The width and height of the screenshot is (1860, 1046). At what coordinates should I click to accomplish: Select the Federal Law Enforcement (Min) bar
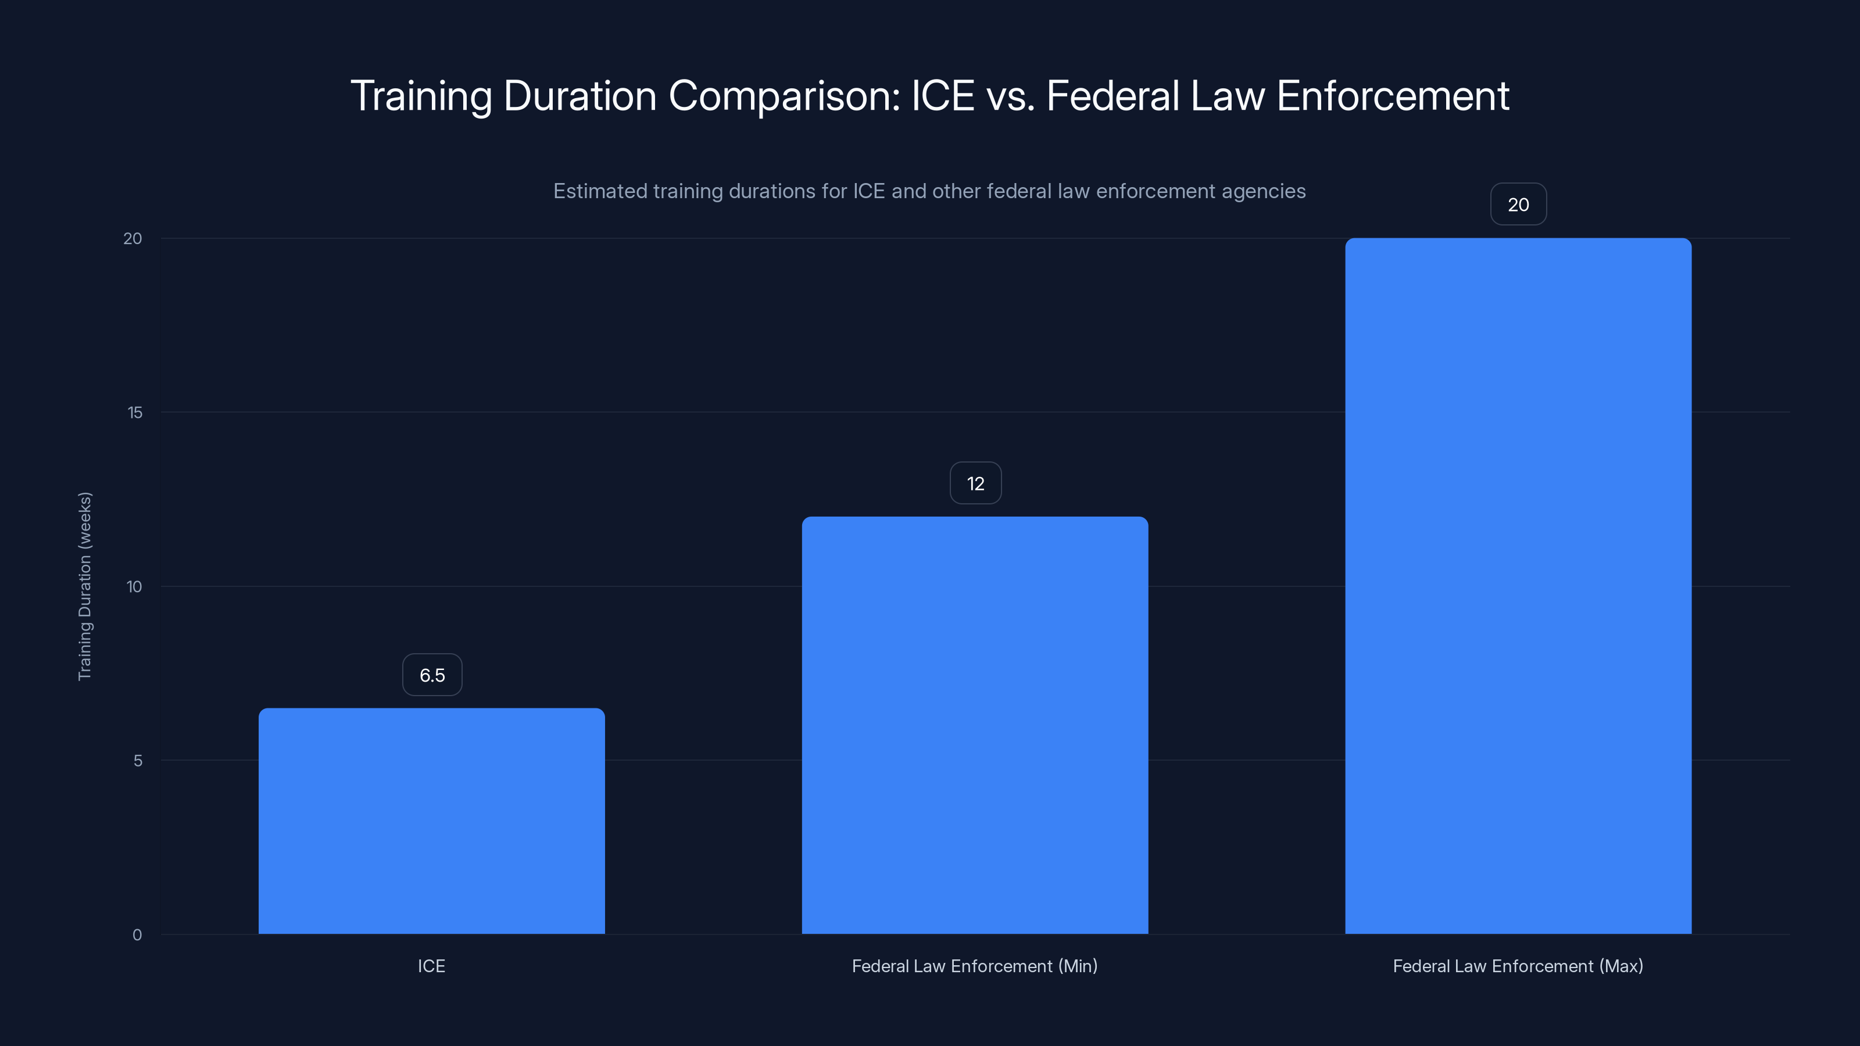coord(975,725)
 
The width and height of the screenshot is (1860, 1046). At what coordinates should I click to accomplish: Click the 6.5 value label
coord(432,675)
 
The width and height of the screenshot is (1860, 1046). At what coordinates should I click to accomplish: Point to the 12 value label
coord(975,483)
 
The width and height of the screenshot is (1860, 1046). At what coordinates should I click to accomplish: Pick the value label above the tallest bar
coord(1518,205)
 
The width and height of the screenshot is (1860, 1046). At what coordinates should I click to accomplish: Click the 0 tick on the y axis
coord(137,935)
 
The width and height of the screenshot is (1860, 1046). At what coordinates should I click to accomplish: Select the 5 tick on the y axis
coord(138,761)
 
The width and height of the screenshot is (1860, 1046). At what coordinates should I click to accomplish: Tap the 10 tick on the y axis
coord(134,587)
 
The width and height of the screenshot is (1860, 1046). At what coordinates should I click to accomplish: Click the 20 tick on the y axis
coord(133,239)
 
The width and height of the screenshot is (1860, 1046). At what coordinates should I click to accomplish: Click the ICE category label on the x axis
coord(431,966)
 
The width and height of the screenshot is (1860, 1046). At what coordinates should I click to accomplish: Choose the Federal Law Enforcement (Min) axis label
coord(975,966)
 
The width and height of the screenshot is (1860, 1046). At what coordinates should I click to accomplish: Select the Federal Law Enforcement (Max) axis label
coord(1518,966)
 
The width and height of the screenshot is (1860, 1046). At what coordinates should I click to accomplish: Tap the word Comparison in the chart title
coord(784,96)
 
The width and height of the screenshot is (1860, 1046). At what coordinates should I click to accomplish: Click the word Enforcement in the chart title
coord(1393,96)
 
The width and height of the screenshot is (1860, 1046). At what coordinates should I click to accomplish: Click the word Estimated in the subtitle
coord(600,191)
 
